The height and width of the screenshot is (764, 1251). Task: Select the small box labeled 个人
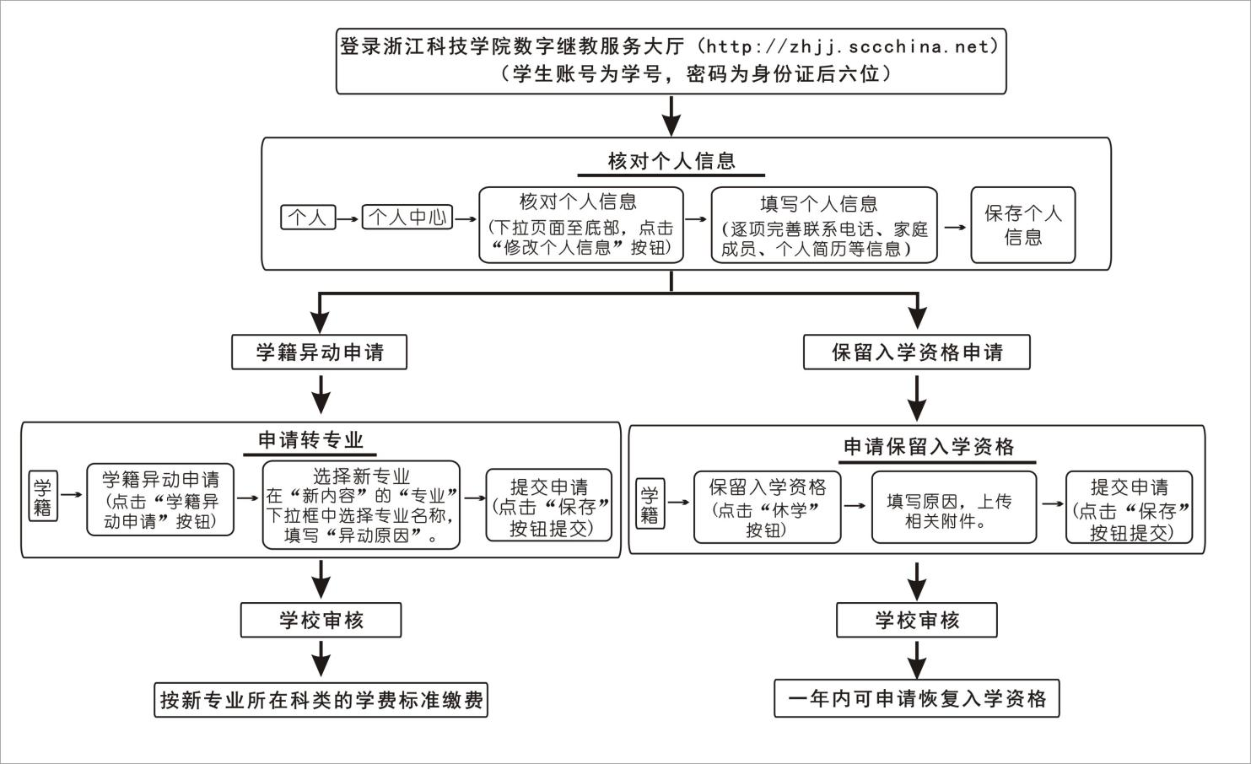308,218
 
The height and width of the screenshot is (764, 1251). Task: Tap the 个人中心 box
407,218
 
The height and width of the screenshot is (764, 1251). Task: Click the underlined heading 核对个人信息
671,161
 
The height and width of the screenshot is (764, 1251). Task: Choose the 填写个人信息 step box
823,225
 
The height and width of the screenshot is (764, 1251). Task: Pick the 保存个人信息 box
1022,225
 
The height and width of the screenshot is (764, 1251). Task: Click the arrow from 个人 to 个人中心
348,218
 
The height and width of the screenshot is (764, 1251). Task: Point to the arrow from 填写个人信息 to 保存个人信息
953,227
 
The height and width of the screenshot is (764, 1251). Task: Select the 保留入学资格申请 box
917,352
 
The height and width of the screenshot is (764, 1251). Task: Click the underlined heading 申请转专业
310,440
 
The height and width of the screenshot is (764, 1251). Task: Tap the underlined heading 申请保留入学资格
929,447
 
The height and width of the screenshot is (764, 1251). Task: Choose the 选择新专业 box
361,505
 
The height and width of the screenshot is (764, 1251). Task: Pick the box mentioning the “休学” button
767,508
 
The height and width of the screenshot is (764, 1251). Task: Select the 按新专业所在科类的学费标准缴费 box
321,700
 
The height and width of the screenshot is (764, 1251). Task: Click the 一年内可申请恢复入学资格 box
916,699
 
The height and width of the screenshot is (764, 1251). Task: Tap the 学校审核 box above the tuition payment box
321,621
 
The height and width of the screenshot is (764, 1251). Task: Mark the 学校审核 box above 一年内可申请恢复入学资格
916,621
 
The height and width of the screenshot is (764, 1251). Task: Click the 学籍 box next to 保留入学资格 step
650,504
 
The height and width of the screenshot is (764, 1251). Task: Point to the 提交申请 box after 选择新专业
548,505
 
